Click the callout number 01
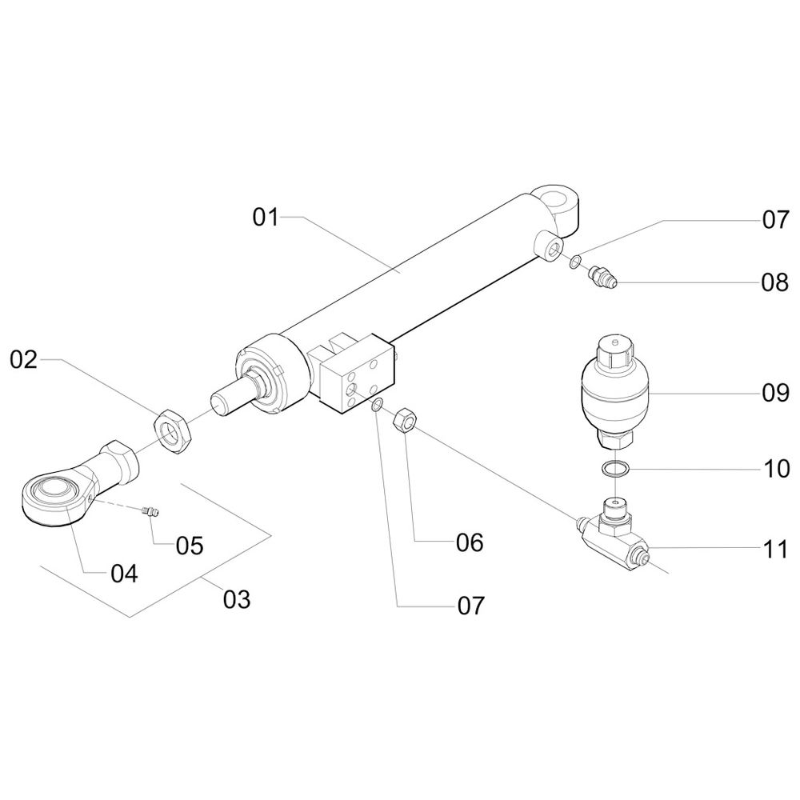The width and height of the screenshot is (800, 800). tap(266, 216)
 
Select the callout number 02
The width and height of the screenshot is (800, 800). tap(24, 360)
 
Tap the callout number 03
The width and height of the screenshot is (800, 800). tap(238, 598)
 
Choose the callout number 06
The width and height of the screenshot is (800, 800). tap(470, 542)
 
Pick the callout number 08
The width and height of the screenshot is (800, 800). tap(775, 282)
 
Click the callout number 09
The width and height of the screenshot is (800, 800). tap(775, 394)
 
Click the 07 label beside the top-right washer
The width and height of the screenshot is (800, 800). tap(775, 219)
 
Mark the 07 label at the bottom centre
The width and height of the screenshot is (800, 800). tap(470, 606)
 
